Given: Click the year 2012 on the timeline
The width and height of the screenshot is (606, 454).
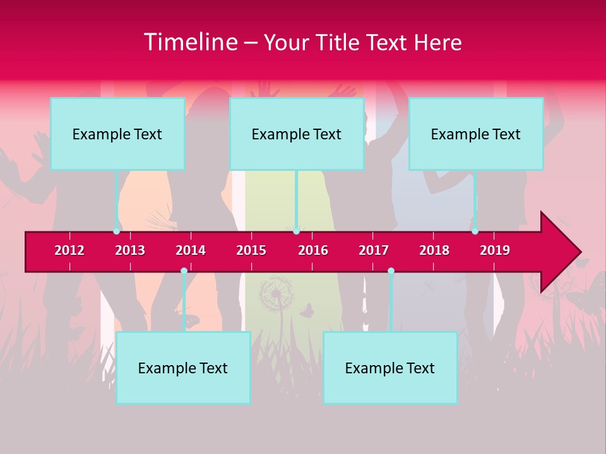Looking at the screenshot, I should coord(69,250).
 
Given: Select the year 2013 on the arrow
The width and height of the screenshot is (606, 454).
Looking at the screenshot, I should coord(130,250).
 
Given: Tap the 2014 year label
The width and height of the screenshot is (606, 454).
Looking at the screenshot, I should coord(191,250).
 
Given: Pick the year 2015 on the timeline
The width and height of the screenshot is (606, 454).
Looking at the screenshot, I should coord(251,250).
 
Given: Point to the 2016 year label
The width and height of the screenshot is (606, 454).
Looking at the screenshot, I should coord(313,250).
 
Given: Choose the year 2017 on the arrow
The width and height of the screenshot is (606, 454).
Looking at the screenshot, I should coord(374,250).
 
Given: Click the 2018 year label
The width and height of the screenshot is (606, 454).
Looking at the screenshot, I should coord(434,250).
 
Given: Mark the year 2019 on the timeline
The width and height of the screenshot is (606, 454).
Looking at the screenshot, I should coord(495,250).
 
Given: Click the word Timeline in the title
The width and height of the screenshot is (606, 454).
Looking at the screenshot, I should coord(190,42).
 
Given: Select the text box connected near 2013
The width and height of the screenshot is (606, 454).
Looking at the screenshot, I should coord(117,134).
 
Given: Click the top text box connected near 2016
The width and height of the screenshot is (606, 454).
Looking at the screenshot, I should coord(297,134).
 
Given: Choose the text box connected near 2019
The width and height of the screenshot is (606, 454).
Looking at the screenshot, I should coord(476,134).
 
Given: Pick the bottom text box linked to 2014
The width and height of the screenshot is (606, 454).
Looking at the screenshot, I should coord(183,368).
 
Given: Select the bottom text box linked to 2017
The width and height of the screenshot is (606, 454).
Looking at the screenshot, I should coord(390,368).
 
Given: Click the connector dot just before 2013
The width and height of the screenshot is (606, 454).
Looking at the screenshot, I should coord(116,231).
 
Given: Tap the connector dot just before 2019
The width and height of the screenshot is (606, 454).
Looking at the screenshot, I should coord(475,231).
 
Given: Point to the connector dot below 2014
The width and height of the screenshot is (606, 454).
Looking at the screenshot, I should coord(184,271).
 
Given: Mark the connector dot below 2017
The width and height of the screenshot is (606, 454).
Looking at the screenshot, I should coord(391,271).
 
